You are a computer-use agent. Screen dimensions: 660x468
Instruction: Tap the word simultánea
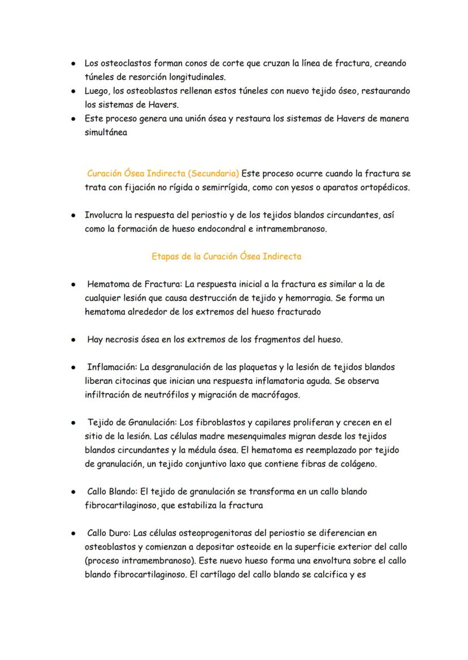click(x=106, y=132)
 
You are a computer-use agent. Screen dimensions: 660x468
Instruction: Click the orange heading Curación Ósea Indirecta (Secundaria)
click(x=163, y=173)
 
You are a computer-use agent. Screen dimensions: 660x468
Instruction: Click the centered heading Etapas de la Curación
click(x=226, y=256)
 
